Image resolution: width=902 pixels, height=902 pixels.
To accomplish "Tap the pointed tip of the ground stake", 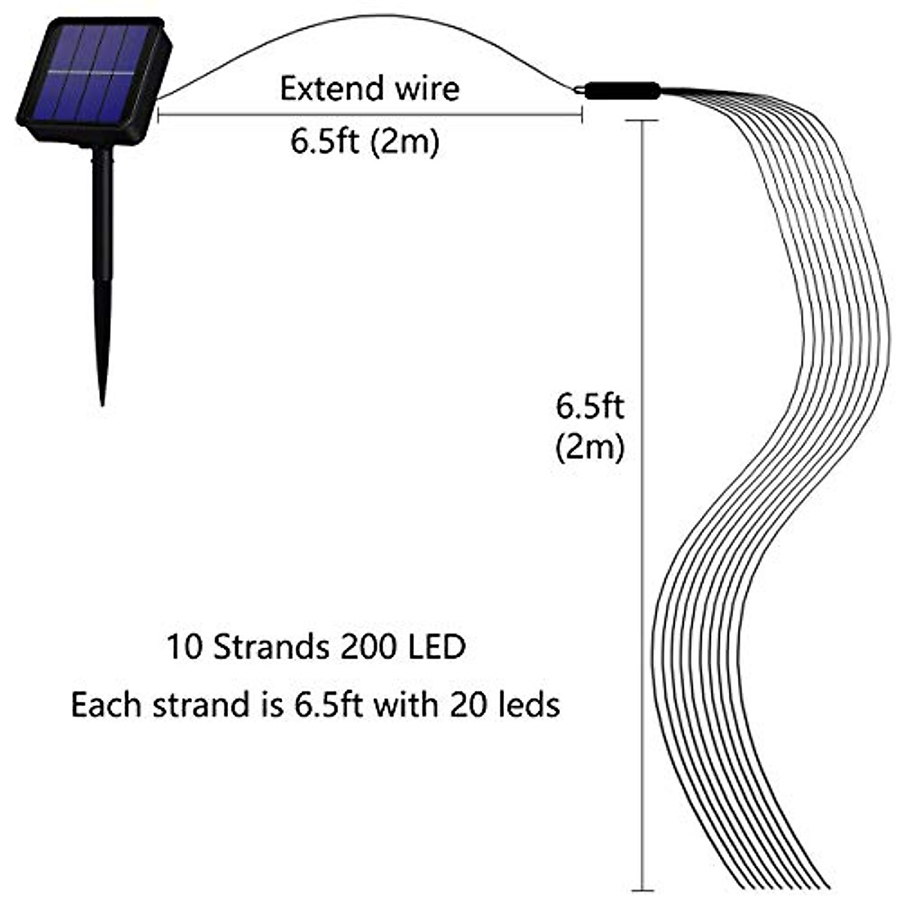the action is (102, 402).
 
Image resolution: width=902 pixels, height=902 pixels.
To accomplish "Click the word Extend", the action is (322, 89).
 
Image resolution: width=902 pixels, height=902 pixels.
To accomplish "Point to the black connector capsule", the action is (622, 91).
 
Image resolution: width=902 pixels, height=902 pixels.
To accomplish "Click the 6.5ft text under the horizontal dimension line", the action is (325, 141).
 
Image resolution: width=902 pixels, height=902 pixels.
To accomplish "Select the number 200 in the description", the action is (366, 647).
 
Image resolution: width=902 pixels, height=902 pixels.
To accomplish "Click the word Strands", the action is (272, 647).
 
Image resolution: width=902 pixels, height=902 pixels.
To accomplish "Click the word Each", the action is (107, 705).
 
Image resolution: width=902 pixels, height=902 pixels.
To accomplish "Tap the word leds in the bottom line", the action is (530, 705).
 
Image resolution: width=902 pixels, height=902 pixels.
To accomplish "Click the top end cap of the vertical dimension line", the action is (643, 120).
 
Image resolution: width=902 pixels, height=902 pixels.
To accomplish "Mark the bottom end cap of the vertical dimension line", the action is (643, 890).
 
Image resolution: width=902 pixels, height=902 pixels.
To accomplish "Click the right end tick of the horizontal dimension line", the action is (582, 115).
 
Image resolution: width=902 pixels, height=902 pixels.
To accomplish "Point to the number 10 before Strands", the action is (185, 647).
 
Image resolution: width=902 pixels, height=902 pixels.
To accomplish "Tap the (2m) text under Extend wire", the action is (405, 141).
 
